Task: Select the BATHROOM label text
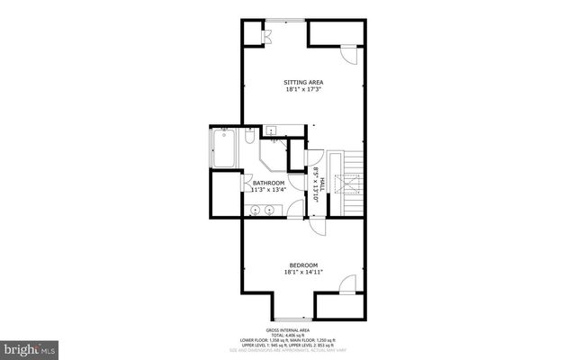point(268,183)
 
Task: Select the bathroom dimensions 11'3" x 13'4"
point(268,190)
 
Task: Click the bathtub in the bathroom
point(223,149)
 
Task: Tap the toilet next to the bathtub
point(248,138)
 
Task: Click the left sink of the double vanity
point(255,211)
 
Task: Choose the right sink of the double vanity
point(270,211)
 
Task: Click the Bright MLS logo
point(30,346)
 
